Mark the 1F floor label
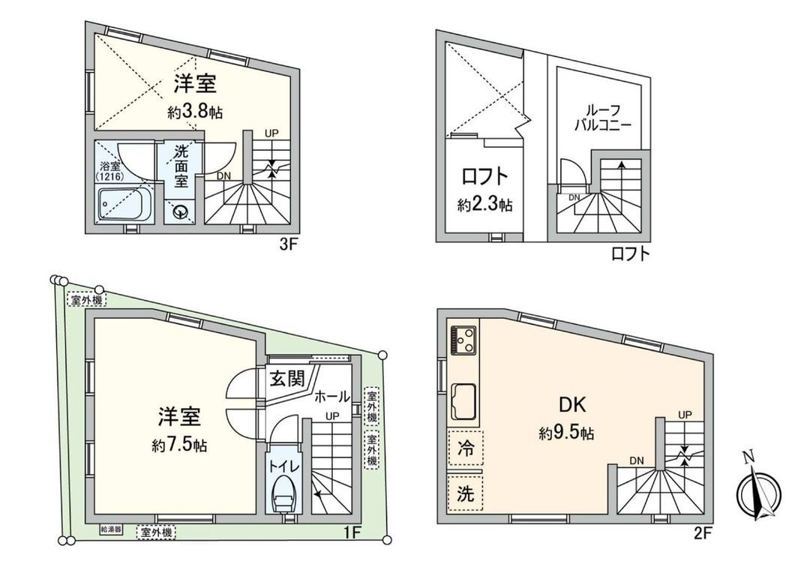[352, 532]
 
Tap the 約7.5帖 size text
[179, 445]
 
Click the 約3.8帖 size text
[195, 112]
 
